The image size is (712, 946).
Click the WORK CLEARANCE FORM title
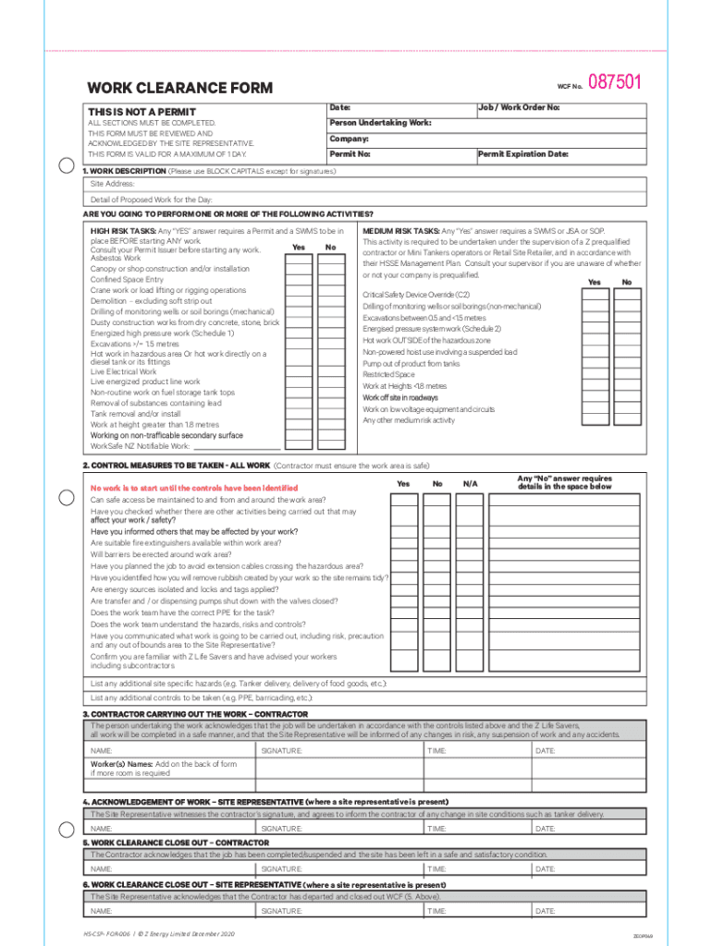pos(179,89)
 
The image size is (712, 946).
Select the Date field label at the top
pos(339,107)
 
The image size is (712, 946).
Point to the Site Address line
pos(113,184)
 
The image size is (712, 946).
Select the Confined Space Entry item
pos(127,279)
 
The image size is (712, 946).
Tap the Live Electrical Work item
pos(124,371)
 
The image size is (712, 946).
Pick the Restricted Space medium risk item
pos(388,375)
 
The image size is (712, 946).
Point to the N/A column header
pos(471,484)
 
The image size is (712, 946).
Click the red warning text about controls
pos(194,488)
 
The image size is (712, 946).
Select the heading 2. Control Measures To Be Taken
pos(177,466)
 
